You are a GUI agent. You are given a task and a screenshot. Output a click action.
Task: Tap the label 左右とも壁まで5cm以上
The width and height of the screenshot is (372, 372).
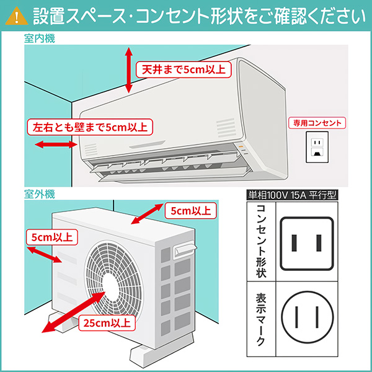(x=89, y=128)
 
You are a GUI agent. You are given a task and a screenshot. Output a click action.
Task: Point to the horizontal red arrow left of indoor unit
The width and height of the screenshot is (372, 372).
(x=52, y=145)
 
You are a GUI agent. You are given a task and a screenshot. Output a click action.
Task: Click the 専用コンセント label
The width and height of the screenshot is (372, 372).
(x=317, y=123)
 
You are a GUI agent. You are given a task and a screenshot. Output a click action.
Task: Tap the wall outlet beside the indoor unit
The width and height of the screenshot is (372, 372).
(x=317, y=146)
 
